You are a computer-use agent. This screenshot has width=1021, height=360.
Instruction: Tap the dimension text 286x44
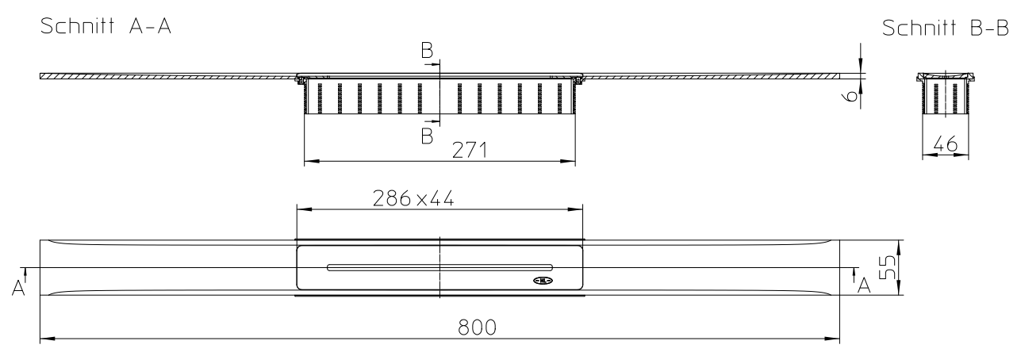point(414,199)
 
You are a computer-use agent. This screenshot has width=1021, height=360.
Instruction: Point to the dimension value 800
point(478,327)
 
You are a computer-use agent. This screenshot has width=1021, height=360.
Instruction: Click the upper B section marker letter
point(427,52)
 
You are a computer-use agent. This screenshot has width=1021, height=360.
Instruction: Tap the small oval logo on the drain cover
point(542,280)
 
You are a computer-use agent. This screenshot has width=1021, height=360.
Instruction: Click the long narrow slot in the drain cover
point(439,266)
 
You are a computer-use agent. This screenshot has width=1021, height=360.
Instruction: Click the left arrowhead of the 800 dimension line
point(45,339)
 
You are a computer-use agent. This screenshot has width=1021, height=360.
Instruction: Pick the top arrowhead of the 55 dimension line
point(898,244)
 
